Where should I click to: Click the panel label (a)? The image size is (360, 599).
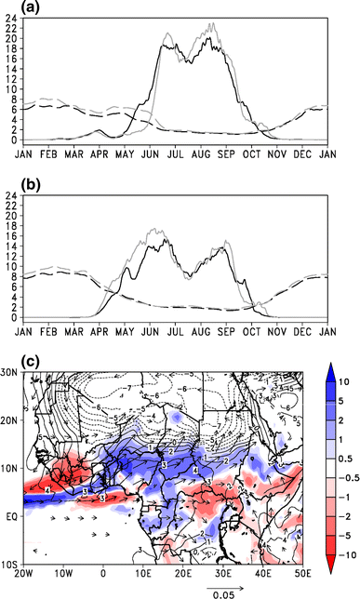pyautogui.click(x=14, y=9)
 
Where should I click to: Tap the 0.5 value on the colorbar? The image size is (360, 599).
pyautogui.click(x=345, y=456)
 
